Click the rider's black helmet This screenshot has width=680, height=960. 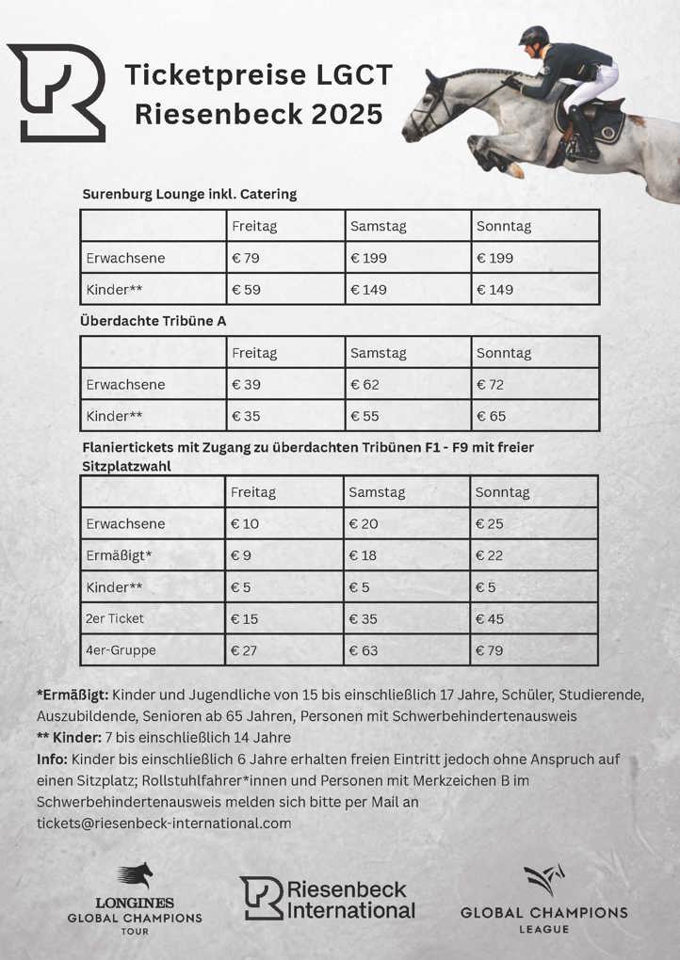534,38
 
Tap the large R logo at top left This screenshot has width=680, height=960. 57,92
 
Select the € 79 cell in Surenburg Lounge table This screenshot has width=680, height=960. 246,258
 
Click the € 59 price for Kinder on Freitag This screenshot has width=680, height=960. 246,290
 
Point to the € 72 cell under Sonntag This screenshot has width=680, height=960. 491,385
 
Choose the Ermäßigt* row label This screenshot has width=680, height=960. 119,555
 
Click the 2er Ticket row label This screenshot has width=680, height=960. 115,618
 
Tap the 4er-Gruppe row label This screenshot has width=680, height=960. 121,650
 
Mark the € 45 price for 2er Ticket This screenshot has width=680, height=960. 490,618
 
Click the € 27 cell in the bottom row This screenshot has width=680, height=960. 245,650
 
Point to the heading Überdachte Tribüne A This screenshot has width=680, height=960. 154,321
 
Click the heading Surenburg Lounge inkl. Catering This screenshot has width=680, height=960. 189,194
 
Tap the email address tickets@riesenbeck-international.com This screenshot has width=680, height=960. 164,823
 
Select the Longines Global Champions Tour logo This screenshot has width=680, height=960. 135,899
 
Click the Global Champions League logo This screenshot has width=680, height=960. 543,899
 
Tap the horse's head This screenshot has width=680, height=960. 426,108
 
